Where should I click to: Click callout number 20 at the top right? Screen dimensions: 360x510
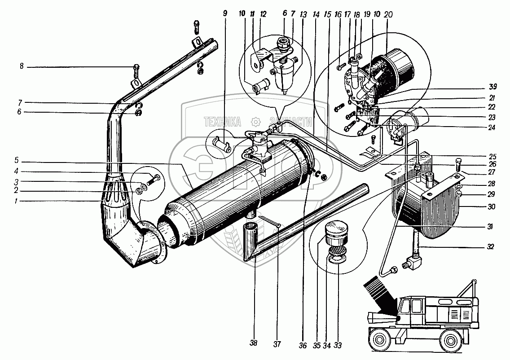pos(389,14)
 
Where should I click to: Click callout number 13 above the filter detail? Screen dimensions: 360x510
pos(304,14)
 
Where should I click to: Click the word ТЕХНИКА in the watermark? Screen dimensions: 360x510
pos(222,121)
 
